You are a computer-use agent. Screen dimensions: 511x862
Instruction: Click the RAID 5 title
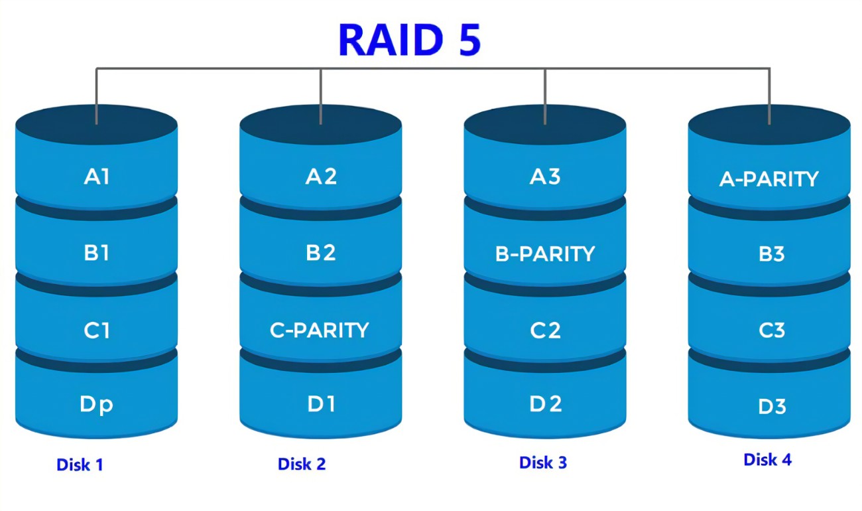coord(410,40)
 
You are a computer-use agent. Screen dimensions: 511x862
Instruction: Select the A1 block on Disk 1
coord(97,177)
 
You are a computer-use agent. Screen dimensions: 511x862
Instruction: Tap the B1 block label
coord(97,253)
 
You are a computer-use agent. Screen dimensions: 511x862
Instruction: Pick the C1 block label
coord(97,330)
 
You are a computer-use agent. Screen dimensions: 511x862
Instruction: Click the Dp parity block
coord(97,405)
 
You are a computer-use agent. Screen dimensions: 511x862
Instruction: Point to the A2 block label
coord(321,177)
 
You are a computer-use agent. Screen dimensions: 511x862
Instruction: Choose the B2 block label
coord(321,253)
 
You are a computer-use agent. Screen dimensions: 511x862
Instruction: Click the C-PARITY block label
coord(320,330)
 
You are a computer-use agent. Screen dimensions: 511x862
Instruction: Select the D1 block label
coord(321,403)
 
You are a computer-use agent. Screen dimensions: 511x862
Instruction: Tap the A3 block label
coord(545,177)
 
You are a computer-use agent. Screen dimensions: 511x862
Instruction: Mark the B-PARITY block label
coord(545,254)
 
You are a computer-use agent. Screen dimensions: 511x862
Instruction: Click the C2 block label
coord(545,330)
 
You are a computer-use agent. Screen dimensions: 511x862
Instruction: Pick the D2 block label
coord(545,403)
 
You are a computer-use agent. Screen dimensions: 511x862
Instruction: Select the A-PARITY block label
coord(769,179)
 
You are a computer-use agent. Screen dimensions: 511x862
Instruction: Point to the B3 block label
coord(771,254)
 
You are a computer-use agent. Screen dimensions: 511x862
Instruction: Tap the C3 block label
coord(771,330)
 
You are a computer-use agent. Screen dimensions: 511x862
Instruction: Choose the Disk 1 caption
coord(80,465)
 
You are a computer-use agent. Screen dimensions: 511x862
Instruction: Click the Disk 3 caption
coord(543,463)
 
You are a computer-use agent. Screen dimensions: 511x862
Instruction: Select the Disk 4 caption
coord(767,459)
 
